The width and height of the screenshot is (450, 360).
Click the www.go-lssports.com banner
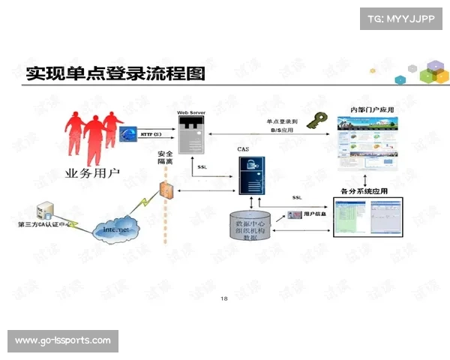tap(62, 340)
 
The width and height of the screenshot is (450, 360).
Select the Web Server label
tap(191, 111)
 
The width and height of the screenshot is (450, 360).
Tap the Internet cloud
tap(116, 227)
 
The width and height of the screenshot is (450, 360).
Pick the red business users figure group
tap(94, 135)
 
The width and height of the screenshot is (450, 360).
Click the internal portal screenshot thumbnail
tap(368, 143)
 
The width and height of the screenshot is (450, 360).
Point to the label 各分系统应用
tap(364, 191)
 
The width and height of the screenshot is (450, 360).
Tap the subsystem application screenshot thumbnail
tap(367, 217)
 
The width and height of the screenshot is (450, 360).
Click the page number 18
tap(224, 298)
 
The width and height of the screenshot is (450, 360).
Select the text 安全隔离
tap(166, 157)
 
